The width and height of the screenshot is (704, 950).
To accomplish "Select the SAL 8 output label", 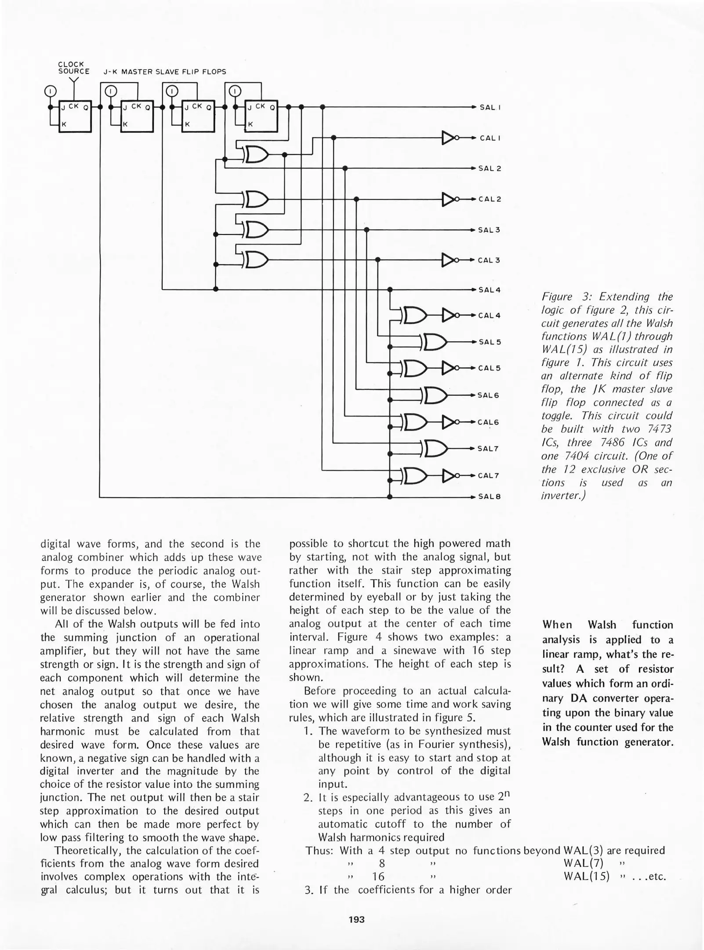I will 490,497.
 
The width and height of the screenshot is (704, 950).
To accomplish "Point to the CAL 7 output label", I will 489,476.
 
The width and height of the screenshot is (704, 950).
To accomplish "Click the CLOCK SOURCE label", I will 73,68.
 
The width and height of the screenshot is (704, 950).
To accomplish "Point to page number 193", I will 356,919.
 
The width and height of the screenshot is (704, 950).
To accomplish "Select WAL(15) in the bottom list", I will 586,876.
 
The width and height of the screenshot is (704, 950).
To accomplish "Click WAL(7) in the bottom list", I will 583,862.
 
